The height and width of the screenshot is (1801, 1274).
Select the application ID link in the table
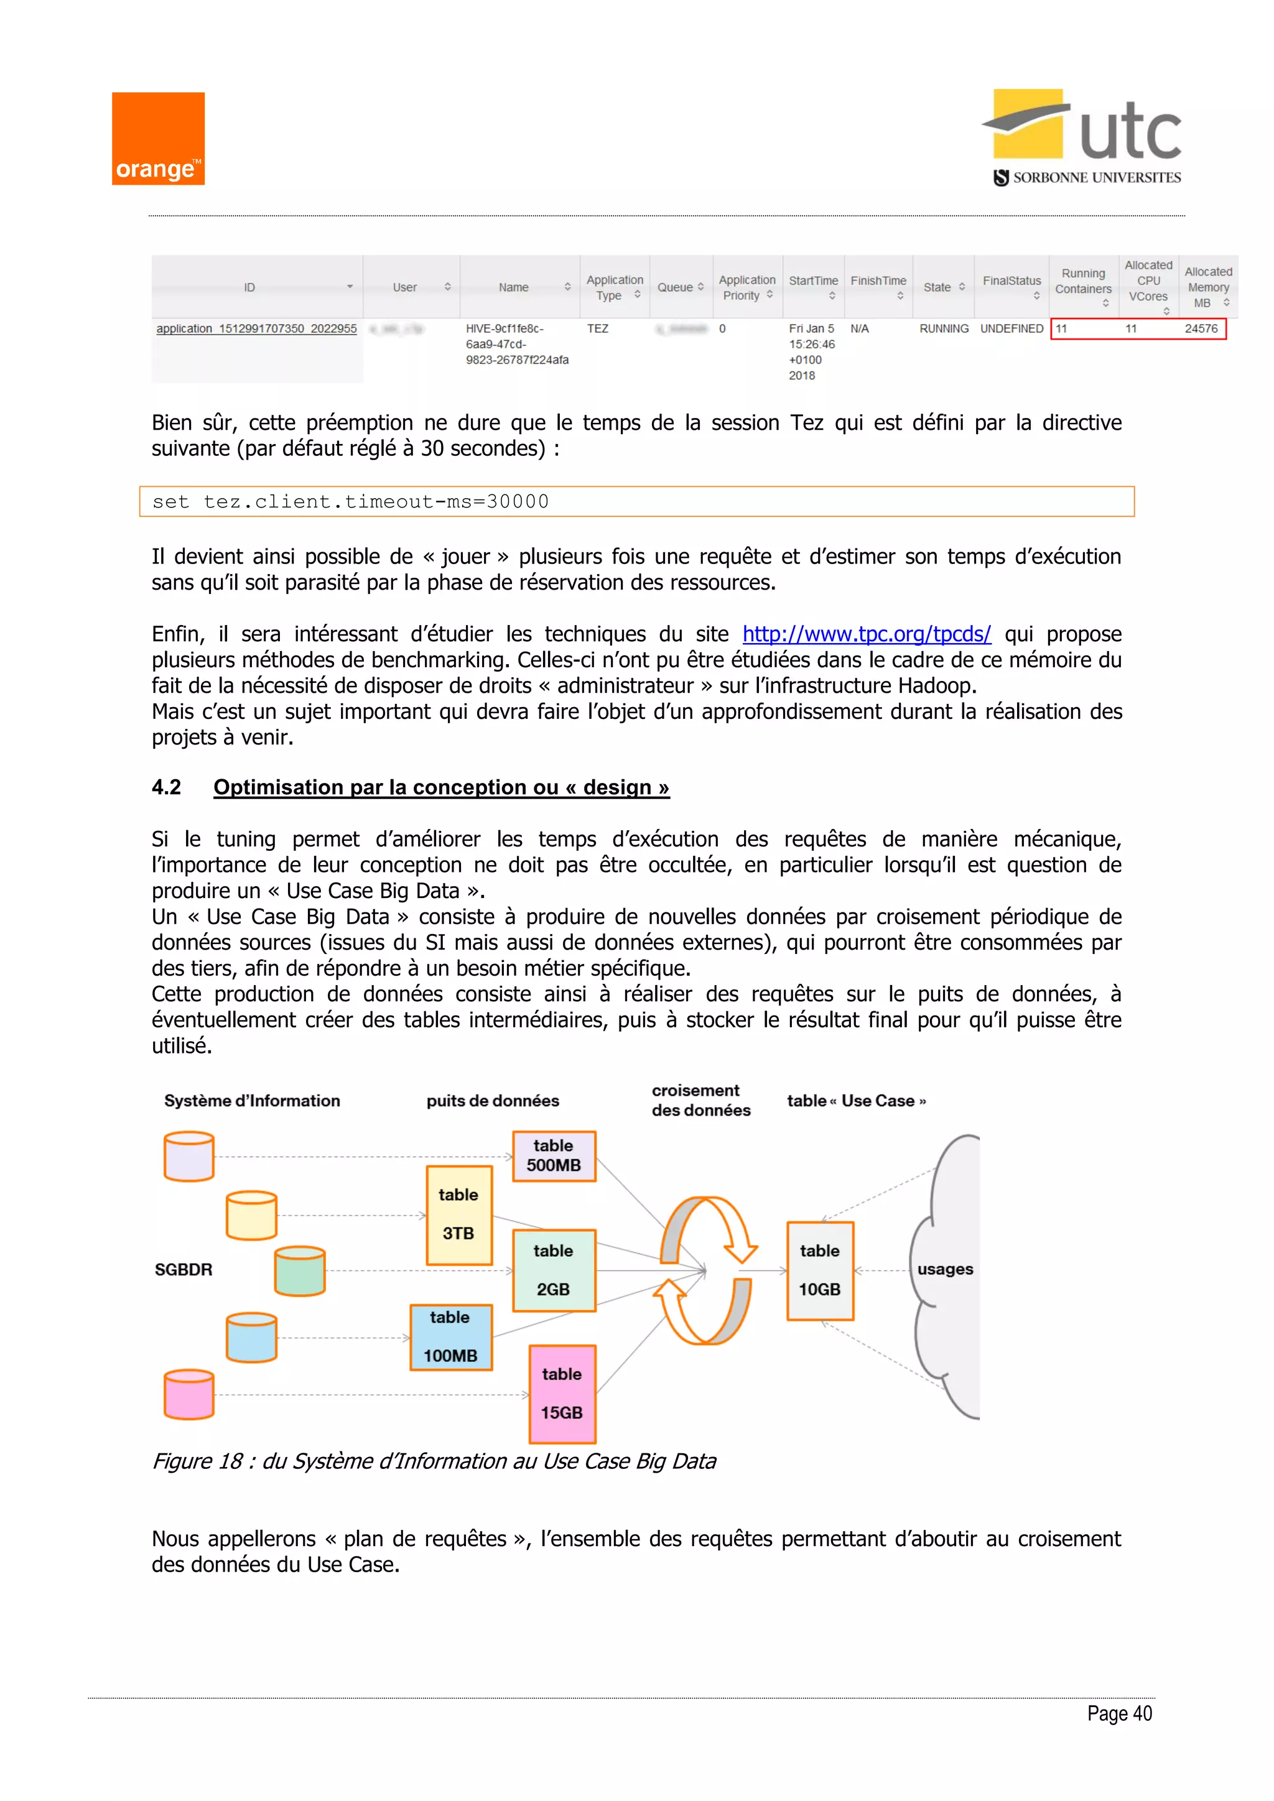point(256,328)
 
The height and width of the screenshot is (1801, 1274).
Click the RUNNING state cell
point(944,328)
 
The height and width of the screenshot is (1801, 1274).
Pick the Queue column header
point(679,287)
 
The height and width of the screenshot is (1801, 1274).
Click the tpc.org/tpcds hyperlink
point(866,634)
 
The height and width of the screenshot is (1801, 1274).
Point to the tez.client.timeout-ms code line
point(351,502)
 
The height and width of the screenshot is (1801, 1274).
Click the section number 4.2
point(166,787)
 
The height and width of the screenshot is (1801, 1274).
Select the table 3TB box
point(459,1215)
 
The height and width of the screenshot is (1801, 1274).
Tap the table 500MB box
point(554,1155)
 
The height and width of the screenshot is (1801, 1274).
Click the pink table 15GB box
point(562,1394)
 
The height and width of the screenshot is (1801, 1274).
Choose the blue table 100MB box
point(450,1336)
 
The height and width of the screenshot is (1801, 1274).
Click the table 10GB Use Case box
point(820,1271)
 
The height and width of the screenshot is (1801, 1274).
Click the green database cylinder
point(300,1271)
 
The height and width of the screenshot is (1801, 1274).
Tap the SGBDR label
point(184,1269)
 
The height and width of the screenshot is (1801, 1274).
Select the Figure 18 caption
point(434,1461)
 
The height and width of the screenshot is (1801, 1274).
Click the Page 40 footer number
point(1118,1714)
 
